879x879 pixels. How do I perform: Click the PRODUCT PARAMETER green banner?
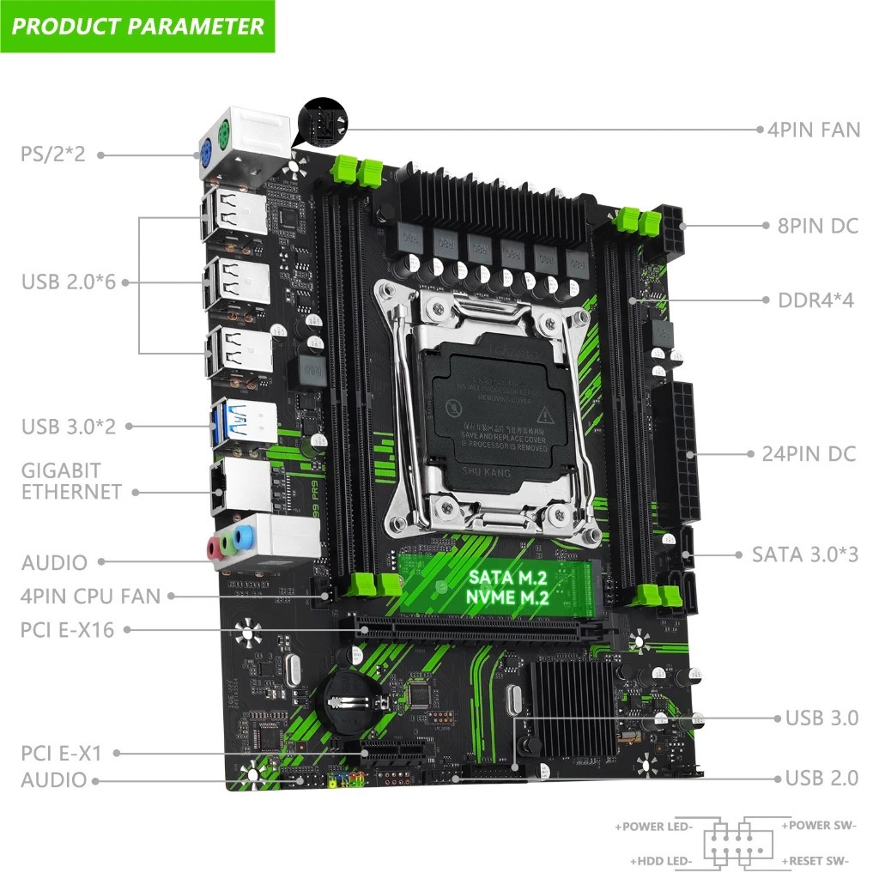click(x=137, y=26)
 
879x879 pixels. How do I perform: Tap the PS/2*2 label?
click(x=52, y=155)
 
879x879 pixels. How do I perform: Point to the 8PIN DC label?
click(x=812, y=227)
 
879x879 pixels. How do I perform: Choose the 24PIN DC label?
click(x=809, y=453)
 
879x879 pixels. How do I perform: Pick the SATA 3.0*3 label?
click(x=804, y=554)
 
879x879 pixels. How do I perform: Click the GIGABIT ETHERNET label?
click(x=71, y=481)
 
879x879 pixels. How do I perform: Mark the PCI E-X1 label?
click(x=61, y=754)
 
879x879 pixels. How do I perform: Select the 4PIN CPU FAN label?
click(x=90, y=595)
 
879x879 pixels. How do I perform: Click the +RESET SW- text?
click(x=815, y=860)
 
